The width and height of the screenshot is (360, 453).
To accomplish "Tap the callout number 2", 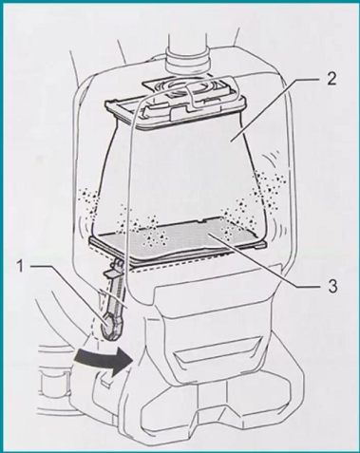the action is point(330,79).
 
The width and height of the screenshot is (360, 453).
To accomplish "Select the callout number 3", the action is point(332,286).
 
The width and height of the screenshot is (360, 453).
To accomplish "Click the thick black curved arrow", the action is point(104,360).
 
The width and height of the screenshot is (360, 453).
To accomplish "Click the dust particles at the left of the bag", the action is point(90,202).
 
